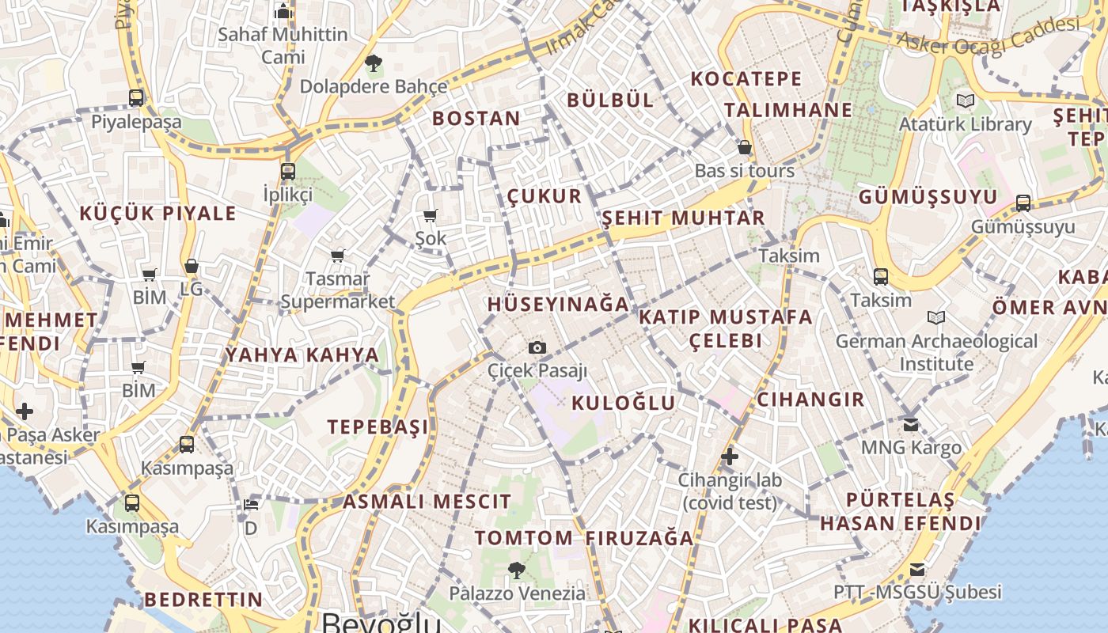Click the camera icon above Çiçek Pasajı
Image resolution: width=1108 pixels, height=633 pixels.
pyautogui.click(x=537, y=347)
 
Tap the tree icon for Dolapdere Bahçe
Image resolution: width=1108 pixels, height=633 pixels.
pyautogui.click(x=373, y=63)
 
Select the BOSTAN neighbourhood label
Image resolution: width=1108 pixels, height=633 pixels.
pyautogui.click(x=476, y=119)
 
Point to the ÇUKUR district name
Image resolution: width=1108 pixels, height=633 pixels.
pyautogui.click(x=545, y=196)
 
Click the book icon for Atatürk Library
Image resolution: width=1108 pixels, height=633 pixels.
pyautogui.click(x=965, y=100)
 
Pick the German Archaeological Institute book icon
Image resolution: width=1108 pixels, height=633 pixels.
pyautogui.click(x=936, y=317)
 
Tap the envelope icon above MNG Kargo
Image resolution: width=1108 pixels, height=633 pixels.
pyautogui.click(x=911, y=425)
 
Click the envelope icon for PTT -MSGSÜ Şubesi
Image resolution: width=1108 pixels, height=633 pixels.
pyautogui.click(x=916, y=569)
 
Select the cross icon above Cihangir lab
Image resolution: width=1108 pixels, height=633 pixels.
pyautogui.click(x=730, y=457)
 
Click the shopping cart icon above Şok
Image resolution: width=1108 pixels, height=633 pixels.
pyautogui.click(x=431, y=215)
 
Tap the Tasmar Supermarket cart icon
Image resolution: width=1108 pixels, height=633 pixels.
pyautogui.click(x=338, y=256)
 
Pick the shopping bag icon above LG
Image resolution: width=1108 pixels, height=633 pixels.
pyautogui.click(x=191, y=266)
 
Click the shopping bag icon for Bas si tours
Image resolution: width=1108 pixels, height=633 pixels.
pyautogui.click(x=744, y=147)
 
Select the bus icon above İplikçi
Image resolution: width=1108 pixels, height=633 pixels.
pyautogui.click(x=287, y=171)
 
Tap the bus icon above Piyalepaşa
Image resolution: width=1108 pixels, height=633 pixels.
pyautogui.click(x=136, y=98)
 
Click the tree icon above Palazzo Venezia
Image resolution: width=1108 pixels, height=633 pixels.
pyautogui.click(x=517, y=569)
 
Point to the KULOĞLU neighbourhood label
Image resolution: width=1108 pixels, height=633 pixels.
pyautogui.click(x=624, y=403)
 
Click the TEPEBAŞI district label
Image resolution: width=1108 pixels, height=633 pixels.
pyautogui.click(x=378, y=427)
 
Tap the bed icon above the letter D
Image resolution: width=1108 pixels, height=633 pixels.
pyautogui.click(x=250, y=504)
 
